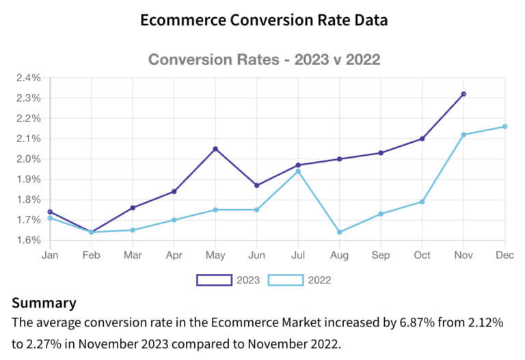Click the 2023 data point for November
click(463, 94)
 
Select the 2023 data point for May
click(215, 149)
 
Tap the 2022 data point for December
click(504, 126)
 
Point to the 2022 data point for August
click(339, 232)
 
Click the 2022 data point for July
click(298, 171)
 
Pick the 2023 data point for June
click(256, 185)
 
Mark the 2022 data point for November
click(463, 135)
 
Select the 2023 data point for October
click(422, 139)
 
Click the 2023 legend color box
click(213, 280)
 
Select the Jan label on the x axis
click(49, 255)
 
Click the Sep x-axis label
click(381, 255)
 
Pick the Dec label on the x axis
click(504, 255)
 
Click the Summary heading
click(44, 303)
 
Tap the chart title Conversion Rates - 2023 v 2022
click(264, 59)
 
